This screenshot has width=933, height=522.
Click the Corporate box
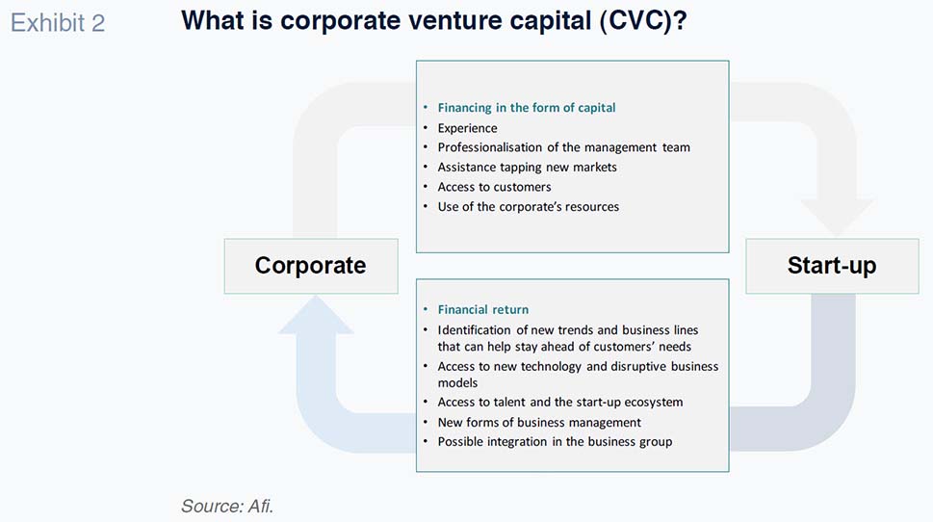pos(311,266)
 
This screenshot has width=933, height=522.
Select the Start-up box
pos(832,266)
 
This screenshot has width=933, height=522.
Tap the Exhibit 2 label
pos(58,23)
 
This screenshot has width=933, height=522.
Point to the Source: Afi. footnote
pos(227,506)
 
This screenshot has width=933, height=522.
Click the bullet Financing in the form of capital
pos(527,108)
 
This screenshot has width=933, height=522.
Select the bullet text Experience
pos(467,128)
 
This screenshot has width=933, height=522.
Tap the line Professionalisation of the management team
pos(563,147)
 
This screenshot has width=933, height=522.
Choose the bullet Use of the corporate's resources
pos(529,206)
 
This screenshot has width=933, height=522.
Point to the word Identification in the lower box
pos(475,329)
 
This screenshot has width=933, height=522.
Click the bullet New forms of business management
pos(539,423)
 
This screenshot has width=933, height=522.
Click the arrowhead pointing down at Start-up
pos(836,218)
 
